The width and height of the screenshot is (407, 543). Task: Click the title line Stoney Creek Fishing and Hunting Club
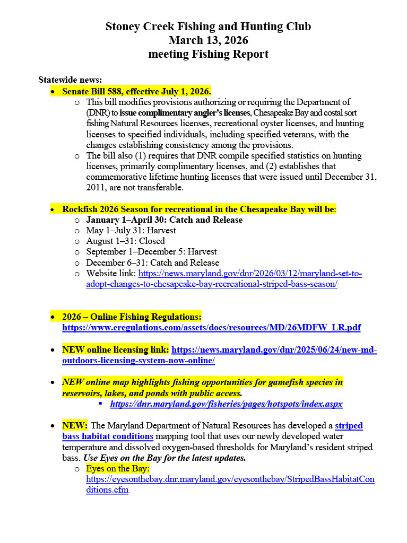coord(208,27)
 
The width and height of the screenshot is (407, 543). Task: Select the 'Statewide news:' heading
coord(70,80)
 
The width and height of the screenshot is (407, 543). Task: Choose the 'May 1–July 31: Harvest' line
coord(131,231)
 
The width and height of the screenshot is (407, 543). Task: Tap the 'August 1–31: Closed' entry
coord(125,241)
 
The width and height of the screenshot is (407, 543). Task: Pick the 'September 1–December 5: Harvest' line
coord(151,252)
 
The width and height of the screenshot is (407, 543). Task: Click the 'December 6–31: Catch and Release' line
coord(152,263)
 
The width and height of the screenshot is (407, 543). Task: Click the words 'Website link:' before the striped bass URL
coord(111,274)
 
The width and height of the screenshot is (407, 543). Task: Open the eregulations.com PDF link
coord(211,328)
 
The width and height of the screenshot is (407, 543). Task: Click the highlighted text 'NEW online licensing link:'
coord(116,350)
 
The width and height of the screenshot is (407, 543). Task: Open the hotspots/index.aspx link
coord(226,404)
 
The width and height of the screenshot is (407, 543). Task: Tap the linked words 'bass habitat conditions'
coord(108,436)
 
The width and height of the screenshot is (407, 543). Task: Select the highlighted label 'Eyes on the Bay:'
coord(118,469)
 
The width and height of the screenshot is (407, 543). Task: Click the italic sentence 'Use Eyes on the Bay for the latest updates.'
coord(164,458)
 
